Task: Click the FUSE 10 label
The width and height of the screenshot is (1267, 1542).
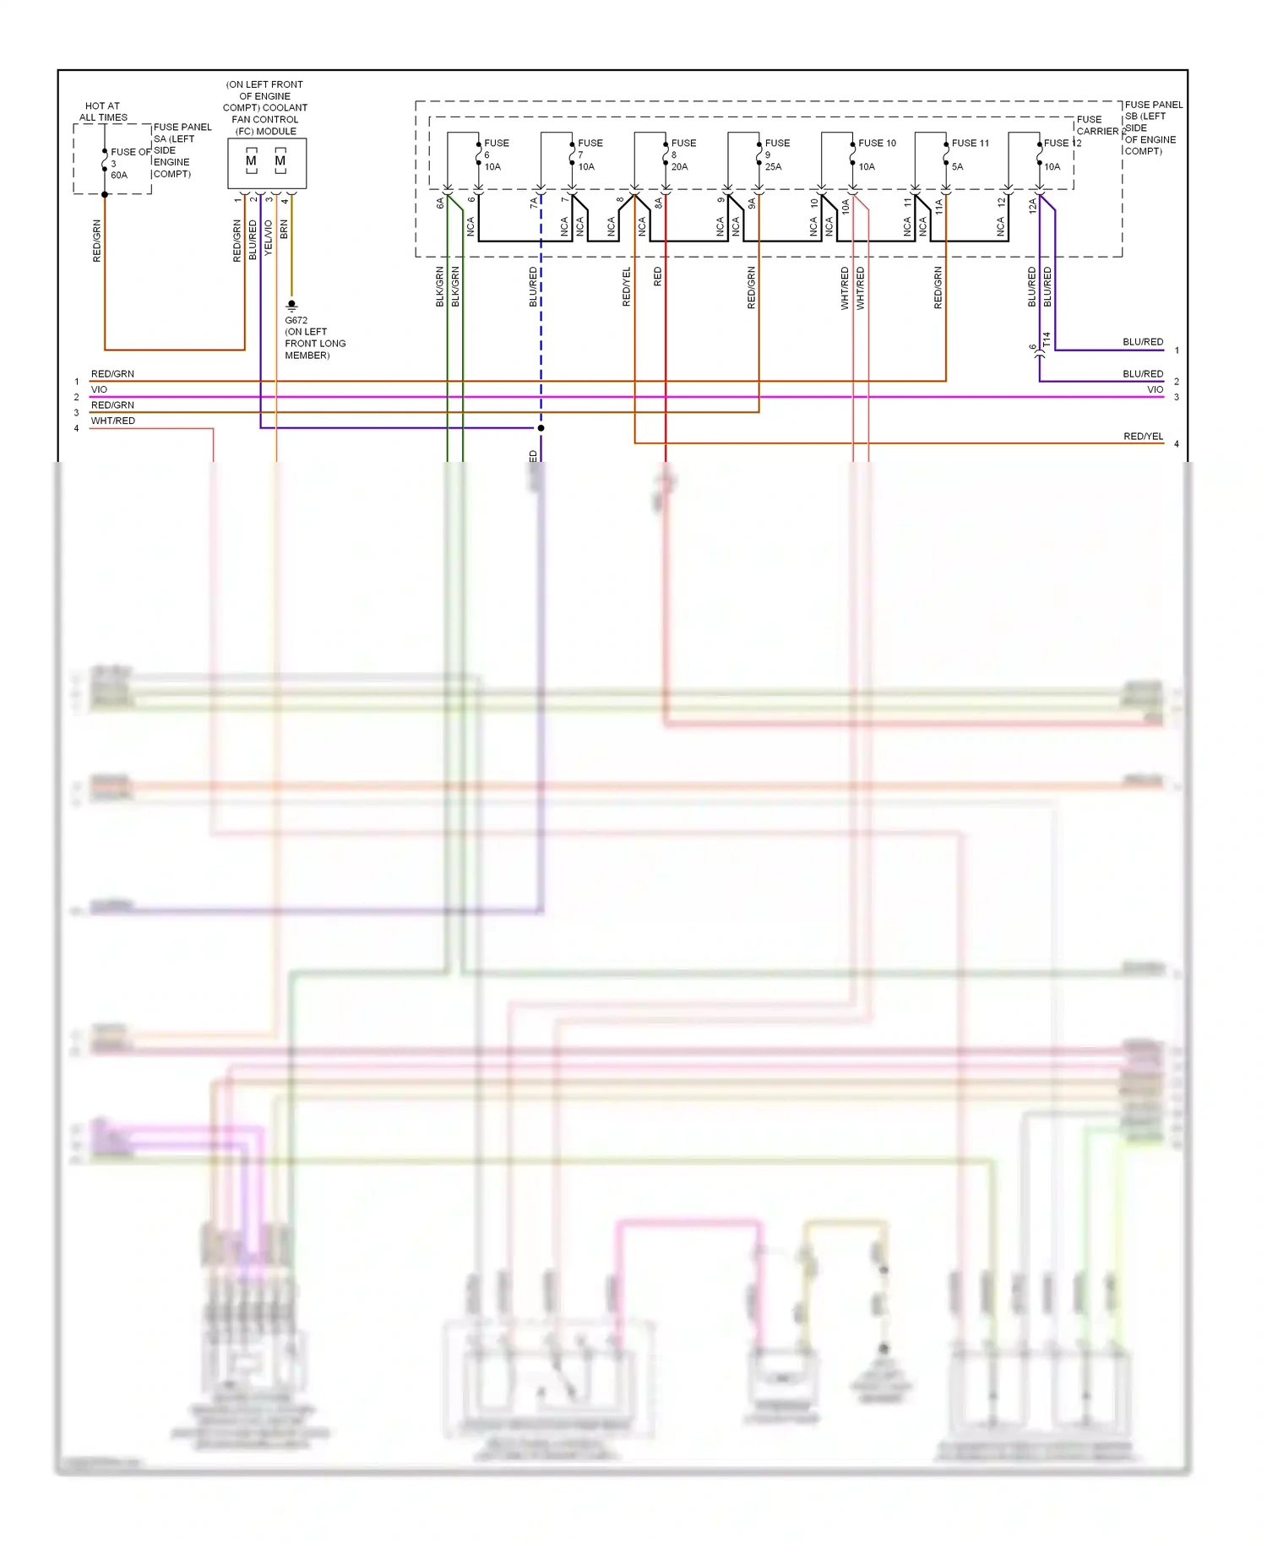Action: [x=877, y=144]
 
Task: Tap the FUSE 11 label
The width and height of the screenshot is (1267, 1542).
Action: [x=970, y=144]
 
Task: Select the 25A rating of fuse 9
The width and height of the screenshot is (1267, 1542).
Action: [x=773, y=167]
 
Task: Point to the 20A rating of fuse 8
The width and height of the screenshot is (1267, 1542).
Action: [x=679, y=167]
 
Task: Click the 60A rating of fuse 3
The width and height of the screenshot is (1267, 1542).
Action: [x=119, y=176]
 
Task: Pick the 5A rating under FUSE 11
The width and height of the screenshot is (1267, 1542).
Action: [x=957, y=167]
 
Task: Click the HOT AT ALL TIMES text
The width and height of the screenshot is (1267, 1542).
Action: [x=103, y=112]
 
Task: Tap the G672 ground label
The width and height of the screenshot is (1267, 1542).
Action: [x=296, y=321]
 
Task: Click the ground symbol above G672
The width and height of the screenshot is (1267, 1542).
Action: [x=292, y=305]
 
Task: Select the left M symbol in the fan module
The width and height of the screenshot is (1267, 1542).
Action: [x=251, y=161]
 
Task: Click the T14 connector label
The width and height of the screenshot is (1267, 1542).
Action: [x=1047, y=339]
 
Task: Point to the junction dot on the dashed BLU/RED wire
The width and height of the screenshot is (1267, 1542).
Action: [x=541, y=428]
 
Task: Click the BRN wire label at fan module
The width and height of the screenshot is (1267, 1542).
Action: [x=285, y=229]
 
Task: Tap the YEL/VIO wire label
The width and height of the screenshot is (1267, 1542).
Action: [x=269, y=238]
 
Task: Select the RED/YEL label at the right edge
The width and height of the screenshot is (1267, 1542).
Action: [x=1143, y=437]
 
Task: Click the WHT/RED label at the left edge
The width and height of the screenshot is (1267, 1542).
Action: [x=113, y=421]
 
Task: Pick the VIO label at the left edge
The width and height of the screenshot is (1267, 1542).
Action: [x=100, y=390]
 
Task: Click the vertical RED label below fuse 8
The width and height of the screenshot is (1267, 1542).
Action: [x=658, y=277]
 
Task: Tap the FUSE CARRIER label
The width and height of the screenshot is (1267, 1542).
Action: [x=1096, y=126]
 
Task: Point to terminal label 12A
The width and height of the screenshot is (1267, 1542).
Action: [x=1032, y=205]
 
